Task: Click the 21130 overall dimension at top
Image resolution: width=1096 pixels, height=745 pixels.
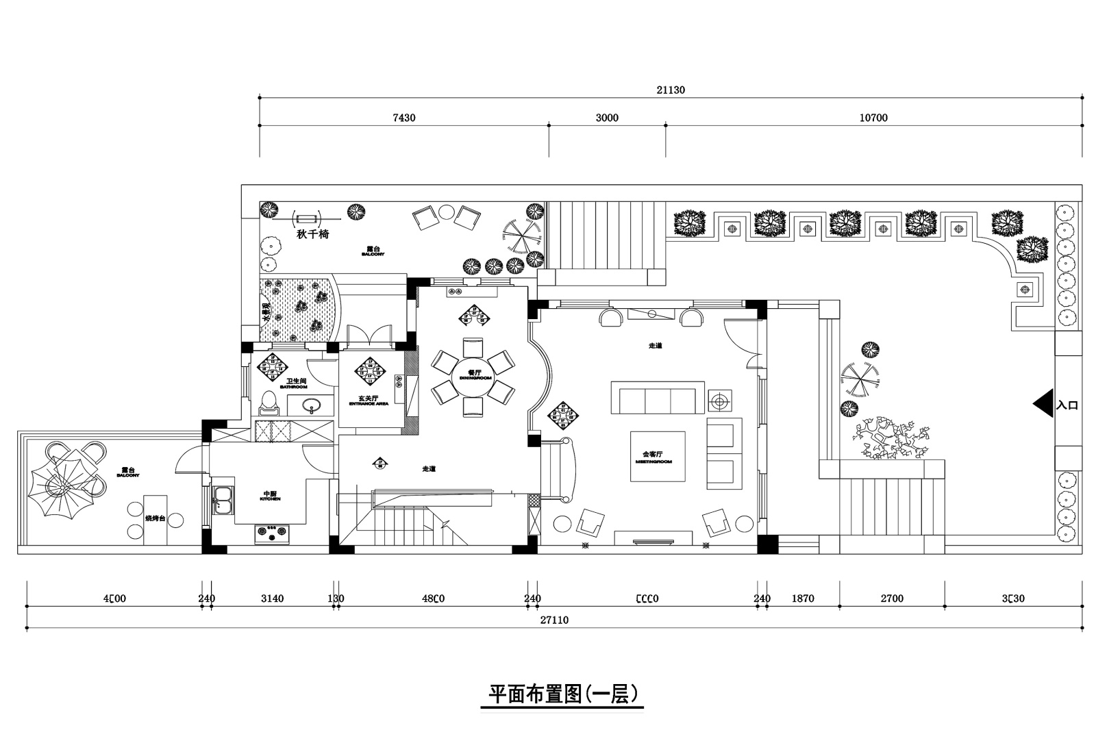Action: [x=671, y=90]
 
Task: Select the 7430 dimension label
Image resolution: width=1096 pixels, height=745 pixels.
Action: [x=403, y=118]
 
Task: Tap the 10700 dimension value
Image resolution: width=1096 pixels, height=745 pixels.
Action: [x=873, y=118]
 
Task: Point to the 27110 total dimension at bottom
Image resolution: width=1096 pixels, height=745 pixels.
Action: [x=554, y=620]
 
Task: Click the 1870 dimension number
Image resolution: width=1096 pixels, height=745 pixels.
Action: [x=803, y=598]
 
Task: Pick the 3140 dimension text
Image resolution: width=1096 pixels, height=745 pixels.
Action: [x=272, y=598]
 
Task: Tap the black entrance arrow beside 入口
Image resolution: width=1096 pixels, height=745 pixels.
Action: [x=1043, y=404]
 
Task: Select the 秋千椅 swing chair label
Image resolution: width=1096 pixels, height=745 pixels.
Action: [x=313, y=234]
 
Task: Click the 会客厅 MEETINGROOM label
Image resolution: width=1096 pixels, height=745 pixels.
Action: [x=658, y=457]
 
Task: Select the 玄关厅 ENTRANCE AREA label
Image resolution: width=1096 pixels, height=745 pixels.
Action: [x=369, y=400]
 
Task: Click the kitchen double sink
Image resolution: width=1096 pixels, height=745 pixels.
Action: [x=223, y=500]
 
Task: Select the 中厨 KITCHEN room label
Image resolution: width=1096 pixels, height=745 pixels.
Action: [x=271, y=495]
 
